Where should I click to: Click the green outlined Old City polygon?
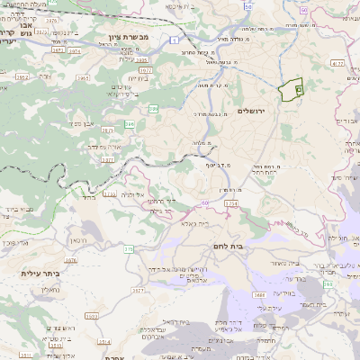point(292,92)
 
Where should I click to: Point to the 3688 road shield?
point(259,293)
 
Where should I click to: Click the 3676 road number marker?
point(70,260)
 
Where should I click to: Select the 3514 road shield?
point(103,343)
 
